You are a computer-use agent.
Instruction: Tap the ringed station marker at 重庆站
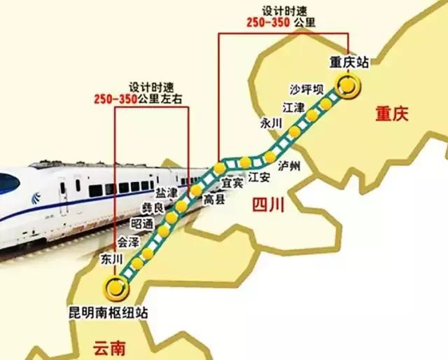[347, 86]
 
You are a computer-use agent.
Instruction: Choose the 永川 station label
[270, 123]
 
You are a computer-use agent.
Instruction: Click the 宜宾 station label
[232, 182]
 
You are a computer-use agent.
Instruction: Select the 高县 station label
[213, 200]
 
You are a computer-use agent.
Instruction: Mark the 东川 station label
[112, 259]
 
